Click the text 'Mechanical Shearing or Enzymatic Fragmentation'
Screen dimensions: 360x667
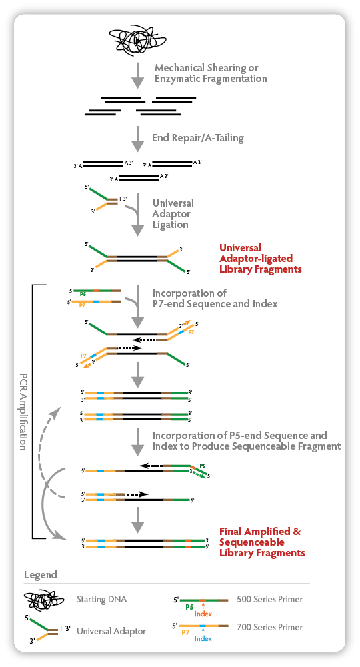click(x=211, y=73)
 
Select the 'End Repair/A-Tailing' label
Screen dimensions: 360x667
click(x=198, y=138)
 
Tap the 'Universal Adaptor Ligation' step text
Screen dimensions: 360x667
click(x=173, y=213)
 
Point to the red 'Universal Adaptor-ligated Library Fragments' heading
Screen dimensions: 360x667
click(x=261, y=259)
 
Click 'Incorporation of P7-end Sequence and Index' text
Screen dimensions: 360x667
click(x=215, y=299)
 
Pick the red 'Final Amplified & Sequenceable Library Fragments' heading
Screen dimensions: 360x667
click(x=262, y=542)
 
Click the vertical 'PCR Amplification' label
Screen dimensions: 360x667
click(x=23, y=411)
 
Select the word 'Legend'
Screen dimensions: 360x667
click(x=41, y=574)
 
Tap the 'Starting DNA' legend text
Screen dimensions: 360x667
click(x=102, y=599)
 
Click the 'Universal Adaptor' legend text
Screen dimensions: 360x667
click(x=111, y=631)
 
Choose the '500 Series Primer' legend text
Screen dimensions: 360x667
click(x=270, y=599)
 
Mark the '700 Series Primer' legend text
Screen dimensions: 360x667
click(x=270, y=627)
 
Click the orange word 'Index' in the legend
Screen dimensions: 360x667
click(x=203, y=614)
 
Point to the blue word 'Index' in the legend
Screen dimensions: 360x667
click(x=203, y=638)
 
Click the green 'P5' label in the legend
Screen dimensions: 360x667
click(x=189, y=608)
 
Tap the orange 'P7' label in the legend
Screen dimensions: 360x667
click(x=185, y=632)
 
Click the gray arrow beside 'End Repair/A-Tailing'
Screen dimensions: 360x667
click(x=137, y=139)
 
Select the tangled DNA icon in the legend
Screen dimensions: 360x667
click(x=44, y=601)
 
